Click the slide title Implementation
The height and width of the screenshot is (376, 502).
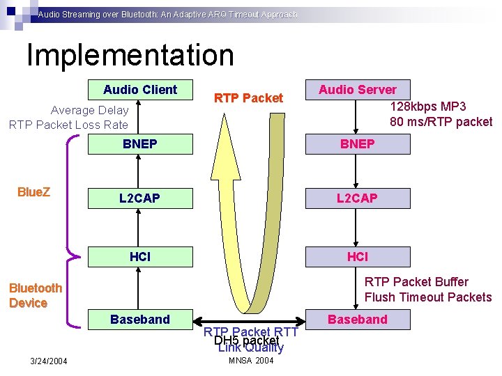pos(130,56)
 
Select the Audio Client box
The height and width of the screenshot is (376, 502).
pos(140,90)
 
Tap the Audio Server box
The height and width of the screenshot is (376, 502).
pos(358,90)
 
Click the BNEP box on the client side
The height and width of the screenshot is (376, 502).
pos(140,144)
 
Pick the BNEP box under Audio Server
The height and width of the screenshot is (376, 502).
pos(358,144)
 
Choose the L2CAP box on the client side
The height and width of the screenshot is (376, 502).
pos(140,198)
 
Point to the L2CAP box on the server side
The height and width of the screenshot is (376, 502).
pos(358,198)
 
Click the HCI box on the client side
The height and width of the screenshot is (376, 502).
pos(140,257)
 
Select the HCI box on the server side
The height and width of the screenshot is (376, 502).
pos(358,257)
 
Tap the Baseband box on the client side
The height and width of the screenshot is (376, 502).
pos(140,320)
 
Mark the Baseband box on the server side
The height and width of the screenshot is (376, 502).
pos(358,320)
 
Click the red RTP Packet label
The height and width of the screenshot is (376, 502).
pos(248,98)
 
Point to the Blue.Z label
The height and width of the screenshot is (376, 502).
pos(33,192)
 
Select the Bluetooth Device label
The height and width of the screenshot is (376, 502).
pos(36,295)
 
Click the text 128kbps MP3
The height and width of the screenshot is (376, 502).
pos(428,107)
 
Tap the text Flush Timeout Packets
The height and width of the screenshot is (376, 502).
pos(428,297)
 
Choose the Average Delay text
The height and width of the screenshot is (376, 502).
pos(90,110)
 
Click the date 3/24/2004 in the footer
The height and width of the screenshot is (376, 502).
pos(49,361)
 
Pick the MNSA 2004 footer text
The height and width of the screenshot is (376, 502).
pos(251,360)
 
